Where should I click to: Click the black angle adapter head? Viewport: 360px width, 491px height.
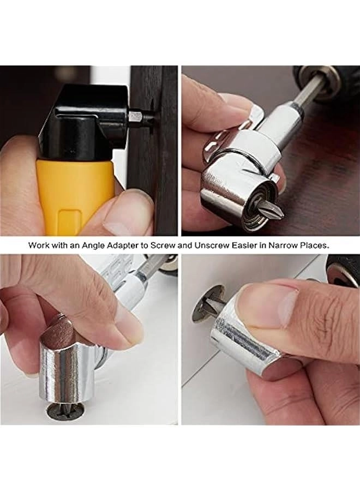tap(87, 120)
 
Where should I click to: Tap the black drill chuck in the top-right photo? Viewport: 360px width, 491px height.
tap(327, 82)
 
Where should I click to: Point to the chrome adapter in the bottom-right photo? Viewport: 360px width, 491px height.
tap(240, 333)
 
